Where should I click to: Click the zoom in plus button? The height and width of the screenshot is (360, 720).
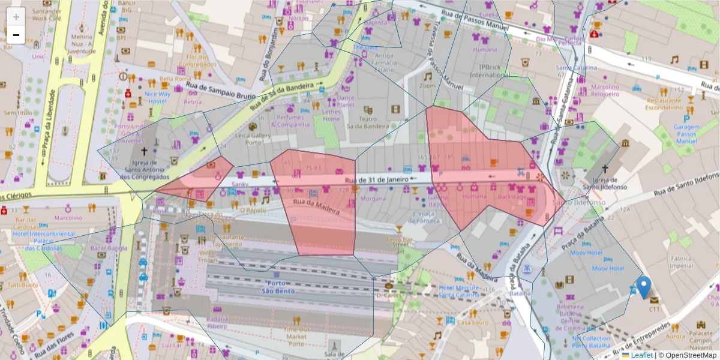point(16,16)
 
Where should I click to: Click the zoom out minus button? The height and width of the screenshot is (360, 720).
point(16,35)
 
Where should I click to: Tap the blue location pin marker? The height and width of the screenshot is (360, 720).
point(644,287)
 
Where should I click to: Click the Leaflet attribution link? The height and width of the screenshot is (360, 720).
point(641,355)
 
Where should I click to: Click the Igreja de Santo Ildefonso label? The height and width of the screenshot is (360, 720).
point(609,183)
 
